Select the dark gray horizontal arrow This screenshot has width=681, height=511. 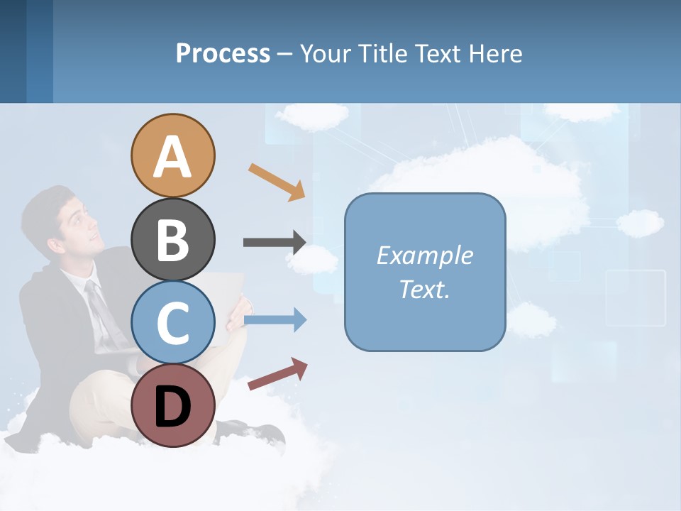coord(274,242)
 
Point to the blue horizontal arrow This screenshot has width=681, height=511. coord(274,320)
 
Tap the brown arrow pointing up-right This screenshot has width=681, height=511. coord(277,374)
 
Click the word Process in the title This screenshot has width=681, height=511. coord(223,53)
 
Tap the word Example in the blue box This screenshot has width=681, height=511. coord(424,255)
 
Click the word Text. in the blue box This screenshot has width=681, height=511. coord(424,290)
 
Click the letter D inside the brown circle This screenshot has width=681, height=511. coord(172,407)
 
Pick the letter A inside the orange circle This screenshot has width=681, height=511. coord(172,157)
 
